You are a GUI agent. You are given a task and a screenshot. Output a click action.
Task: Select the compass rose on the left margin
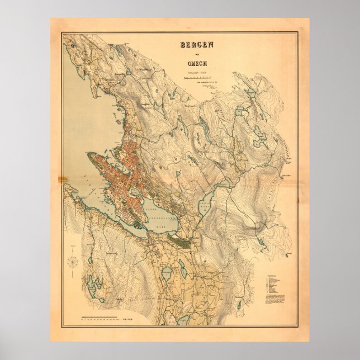coord(73,261)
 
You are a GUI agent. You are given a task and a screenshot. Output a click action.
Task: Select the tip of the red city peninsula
coord(88,154)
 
